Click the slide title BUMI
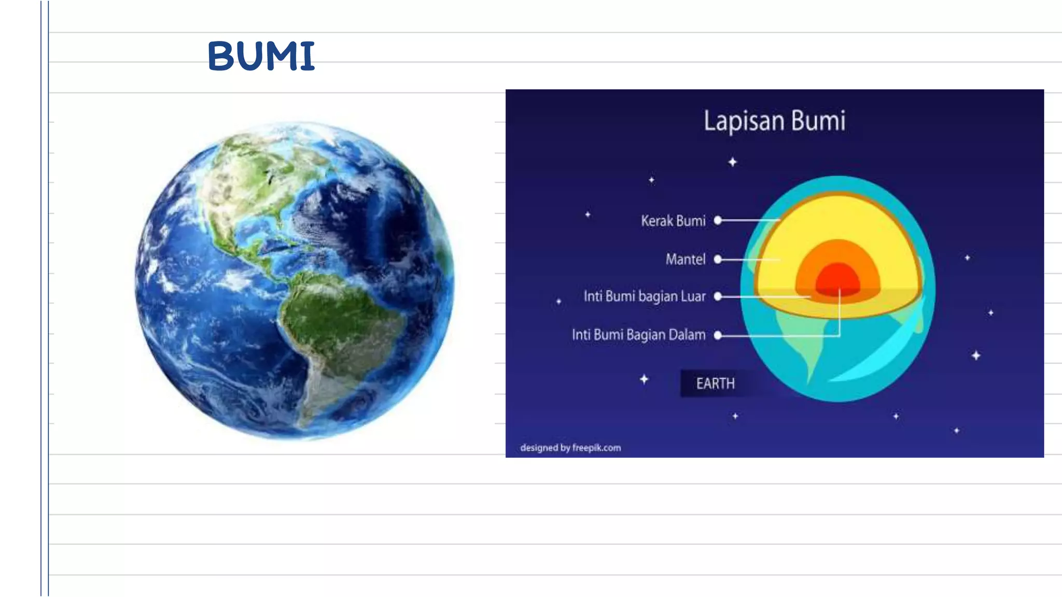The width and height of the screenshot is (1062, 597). point(261,56)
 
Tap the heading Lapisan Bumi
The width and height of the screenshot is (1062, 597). point(774,121)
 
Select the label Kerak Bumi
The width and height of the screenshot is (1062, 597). point(673,221)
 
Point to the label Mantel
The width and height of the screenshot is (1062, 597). point(686,259)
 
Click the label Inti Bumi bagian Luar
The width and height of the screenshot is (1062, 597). point(645,296)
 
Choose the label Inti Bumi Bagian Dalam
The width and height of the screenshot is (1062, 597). point(638,335)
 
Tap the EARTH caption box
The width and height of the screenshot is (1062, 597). point(715,383)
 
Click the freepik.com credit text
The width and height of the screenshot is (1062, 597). point(570,448)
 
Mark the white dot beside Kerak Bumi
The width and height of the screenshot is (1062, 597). point(718,220)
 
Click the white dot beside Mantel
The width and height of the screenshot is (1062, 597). point(718,259)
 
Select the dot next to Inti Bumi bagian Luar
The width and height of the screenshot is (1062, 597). point(718,296)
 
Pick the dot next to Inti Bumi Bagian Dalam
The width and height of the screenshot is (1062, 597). point(718,335)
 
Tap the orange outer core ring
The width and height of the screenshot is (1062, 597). point(837,251)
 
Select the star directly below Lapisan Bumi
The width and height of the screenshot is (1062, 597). point(732,162)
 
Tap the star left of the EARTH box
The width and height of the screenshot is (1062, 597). point(644,379)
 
